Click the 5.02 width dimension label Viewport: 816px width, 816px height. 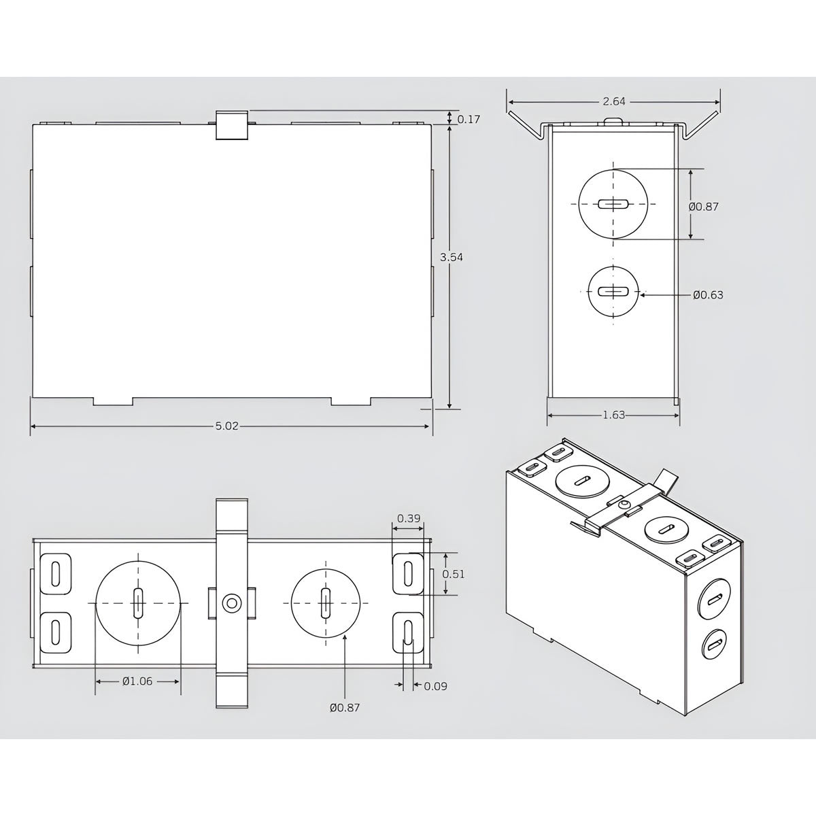coord(226,426)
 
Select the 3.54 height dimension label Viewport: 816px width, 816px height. coord(447,257)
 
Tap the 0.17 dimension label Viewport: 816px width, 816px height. coord(469,120)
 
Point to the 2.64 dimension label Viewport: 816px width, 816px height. coord(613,101)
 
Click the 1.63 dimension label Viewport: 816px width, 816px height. coord(613,415)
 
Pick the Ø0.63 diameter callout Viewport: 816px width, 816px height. coord(708,295)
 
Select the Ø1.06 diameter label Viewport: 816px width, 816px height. coord(137,681)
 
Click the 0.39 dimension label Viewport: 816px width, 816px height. coord(408,518)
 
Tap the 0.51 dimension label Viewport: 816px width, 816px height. coord(454,574)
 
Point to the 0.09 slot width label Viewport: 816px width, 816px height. coord(435,686)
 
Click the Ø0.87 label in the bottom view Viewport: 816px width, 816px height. coord(345,708)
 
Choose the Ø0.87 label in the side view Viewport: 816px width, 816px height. coord(703,206)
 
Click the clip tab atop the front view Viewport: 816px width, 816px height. coord(231,125)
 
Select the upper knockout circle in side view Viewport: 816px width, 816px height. coord(613,203)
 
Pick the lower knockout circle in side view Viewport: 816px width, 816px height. coord(613,292)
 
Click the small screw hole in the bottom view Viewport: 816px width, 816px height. coord(232,602)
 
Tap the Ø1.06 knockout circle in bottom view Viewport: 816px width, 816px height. coord(138,602)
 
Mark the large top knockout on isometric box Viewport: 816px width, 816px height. coord(581,481)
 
